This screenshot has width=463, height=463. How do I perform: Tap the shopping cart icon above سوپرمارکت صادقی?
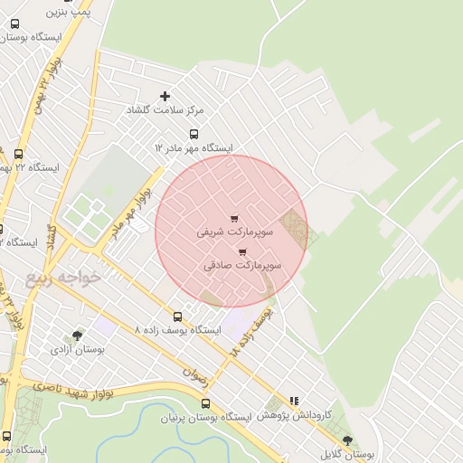[x=242, y=252]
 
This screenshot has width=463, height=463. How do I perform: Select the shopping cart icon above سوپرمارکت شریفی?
[x=235, y=219]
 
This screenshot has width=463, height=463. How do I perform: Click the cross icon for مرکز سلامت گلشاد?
[x=165, y=96]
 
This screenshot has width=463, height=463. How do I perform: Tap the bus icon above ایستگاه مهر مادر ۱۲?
[x=193, y=134]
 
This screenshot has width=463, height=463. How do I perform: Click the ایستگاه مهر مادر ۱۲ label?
[x=194, y=147]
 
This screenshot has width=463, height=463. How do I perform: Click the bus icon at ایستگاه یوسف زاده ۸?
[x=177, y=317]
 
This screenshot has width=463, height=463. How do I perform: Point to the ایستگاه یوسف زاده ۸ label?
[x=177, y=331]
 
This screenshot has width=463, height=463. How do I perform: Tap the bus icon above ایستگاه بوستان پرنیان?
[x=206, y=403]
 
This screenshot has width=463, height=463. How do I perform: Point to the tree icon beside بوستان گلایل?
[x=347, y=440]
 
